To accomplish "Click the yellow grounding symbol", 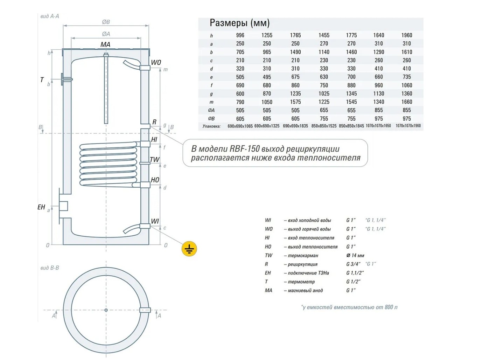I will (x=189, y=249).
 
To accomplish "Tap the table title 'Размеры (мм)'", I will (x=239, y=23).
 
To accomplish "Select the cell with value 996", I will (x=240, y=35).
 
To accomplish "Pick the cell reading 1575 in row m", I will (x=295, y=102).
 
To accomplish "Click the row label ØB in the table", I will (x=211, y=119).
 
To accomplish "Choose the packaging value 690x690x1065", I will (x=240, y=126).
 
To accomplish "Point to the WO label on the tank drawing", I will (x=156, y=63).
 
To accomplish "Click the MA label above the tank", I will (x=105, y=44).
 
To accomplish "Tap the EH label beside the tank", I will (x=41, y=207).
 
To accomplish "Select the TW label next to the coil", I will (x=154, y=160).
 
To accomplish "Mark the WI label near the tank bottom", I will (x=155, y=221).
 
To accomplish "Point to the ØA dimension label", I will (x=106, y=34).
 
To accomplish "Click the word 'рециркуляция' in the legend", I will (x=303, y=264).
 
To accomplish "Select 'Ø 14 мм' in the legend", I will (x=355, y=256).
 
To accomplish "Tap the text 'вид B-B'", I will (x=50, y=268).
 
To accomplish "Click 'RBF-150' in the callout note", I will (x=245, y=149).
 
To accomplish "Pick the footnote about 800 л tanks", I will (x=349, y=307).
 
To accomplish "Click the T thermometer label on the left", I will (x=42, y=80).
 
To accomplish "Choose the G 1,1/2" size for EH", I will (x=355, y=273).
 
